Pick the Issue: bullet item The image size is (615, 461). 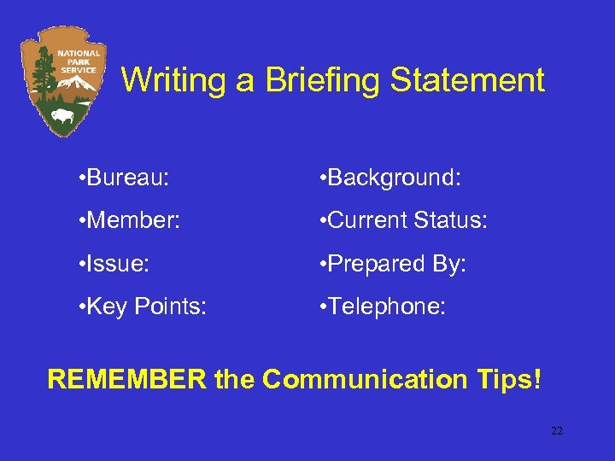(114, 264)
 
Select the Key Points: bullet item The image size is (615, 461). (141, 307)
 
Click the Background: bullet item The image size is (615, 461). (389, 178)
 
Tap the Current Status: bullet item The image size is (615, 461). (401, 220)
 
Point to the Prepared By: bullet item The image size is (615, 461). (392, 264)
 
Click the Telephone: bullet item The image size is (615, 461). (382, 307)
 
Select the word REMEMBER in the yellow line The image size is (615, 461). (126, 379)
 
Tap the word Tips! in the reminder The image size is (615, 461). (510, 379)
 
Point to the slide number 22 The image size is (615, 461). (557, 431)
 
